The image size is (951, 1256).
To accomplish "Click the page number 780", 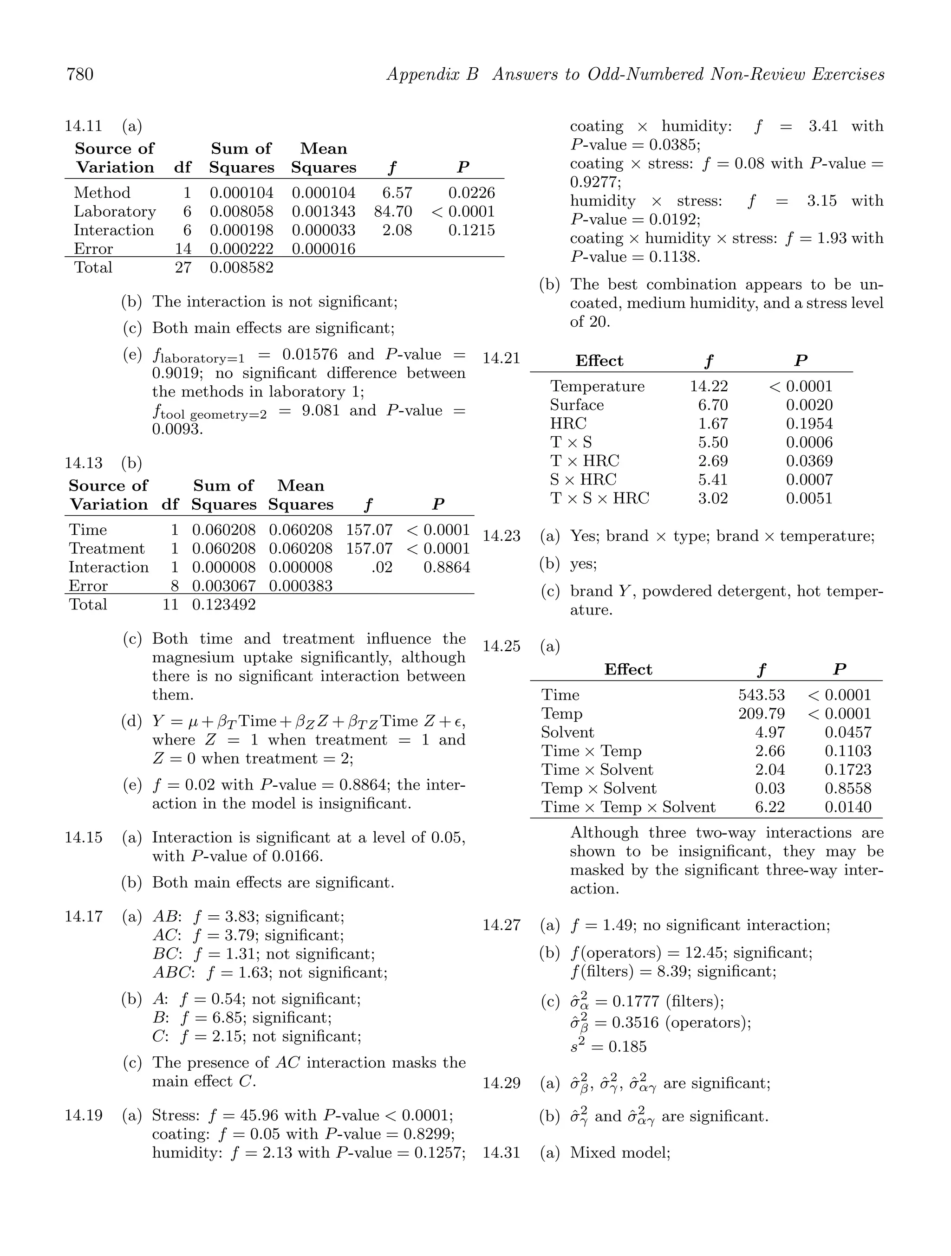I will (80, 74).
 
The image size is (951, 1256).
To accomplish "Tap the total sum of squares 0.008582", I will (241, 267).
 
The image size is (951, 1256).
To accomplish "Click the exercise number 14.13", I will (84, 463).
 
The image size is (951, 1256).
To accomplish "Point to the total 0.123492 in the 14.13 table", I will (223, 604).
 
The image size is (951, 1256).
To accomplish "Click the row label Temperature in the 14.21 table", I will (597, 387).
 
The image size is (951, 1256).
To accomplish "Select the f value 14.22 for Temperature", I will (709, 387).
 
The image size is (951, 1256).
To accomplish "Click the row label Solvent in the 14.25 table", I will (567, 732).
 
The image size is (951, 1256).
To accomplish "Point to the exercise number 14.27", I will (501, 926).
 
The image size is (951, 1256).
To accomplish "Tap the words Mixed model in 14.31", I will (619, 1152).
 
